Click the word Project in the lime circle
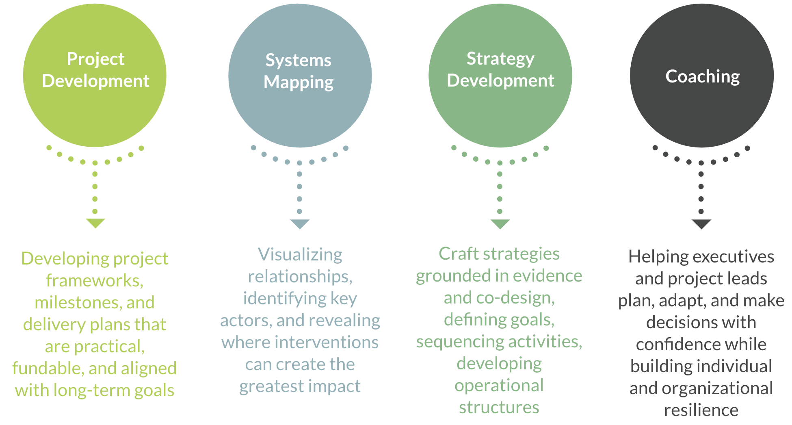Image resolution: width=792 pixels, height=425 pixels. (x=95, y=59)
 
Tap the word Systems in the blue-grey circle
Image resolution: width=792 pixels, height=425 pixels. (x=298, y=61)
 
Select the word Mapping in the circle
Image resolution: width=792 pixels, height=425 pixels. (x=299, y=82)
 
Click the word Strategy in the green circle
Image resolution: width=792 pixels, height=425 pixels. (x=500, y=59)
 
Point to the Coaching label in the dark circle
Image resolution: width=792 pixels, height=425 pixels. (x=702, y=76)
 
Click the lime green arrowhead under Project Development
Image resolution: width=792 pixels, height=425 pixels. (x=95, y=223)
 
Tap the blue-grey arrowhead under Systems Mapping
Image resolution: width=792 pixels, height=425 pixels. (x=300, y=224)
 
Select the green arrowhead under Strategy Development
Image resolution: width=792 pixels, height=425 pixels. (x=500, y=224)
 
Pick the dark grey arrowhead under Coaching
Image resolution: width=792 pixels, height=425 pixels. (x=701, y=224)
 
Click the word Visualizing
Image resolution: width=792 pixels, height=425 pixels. (x=300, y=255)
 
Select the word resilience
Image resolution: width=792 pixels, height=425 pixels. (x=701, y=410)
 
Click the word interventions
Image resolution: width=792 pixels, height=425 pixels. (x=327, y=343)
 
